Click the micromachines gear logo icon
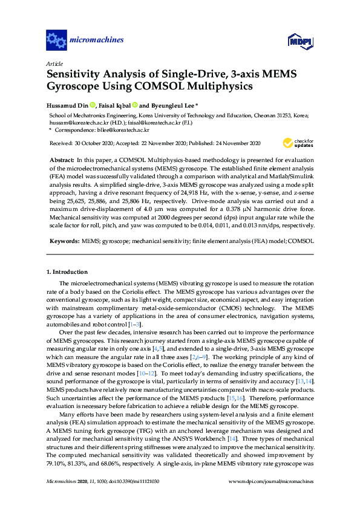click(x=56, y=41)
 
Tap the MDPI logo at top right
click(x=300, y=41)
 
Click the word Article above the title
click(x=54, y=63)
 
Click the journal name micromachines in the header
click(x=97, y=41)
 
